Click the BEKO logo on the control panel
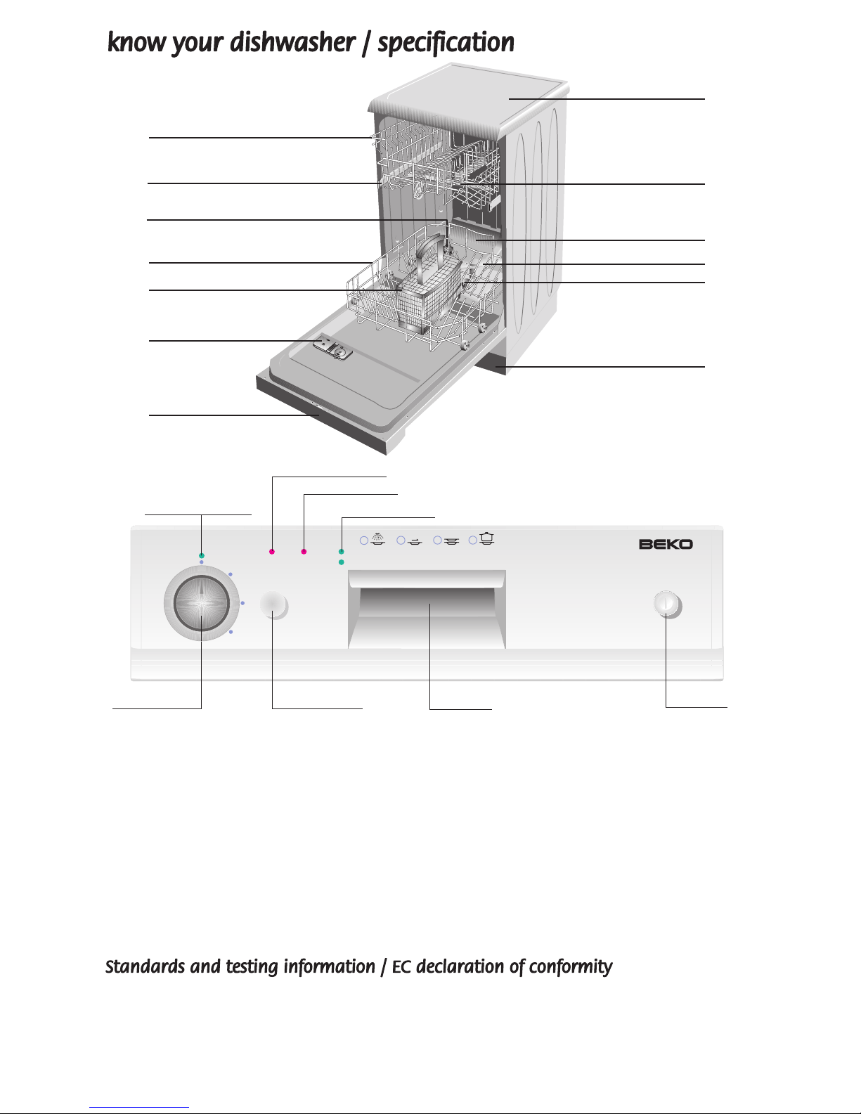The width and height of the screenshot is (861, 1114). pos(666,544)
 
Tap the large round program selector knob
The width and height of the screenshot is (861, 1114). pos(202,604)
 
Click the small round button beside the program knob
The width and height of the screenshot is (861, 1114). pos(273,605)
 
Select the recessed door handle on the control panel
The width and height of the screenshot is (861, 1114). pos(427,609)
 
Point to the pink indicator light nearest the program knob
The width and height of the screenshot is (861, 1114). pos(271,552)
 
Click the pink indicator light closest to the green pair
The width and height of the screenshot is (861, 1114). pos(304,552)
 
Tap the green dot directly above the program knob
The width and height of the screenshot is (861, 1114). pos(202,556)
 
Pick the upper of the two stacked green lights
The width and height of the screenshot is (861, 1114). pos(342,552)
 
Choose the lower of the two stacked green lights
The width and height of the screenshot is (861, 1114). pos(342,562)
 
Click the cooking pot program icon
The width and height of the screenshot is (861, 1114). pos(487,538)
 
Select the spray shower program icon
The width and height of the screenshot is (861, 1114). pos(377,538)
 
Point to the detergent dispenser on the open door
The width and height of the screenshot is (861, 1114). pos(332,349)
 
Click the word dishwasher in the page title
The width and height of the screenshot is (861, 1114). pos(292,42)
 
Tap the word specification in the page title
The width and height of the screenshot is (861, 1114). pos(446,43)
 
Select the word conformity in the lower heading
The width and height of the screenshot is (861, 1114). pos(571,967)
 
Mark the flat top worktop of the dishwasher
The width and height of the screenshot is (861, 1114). pos(469,95)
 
